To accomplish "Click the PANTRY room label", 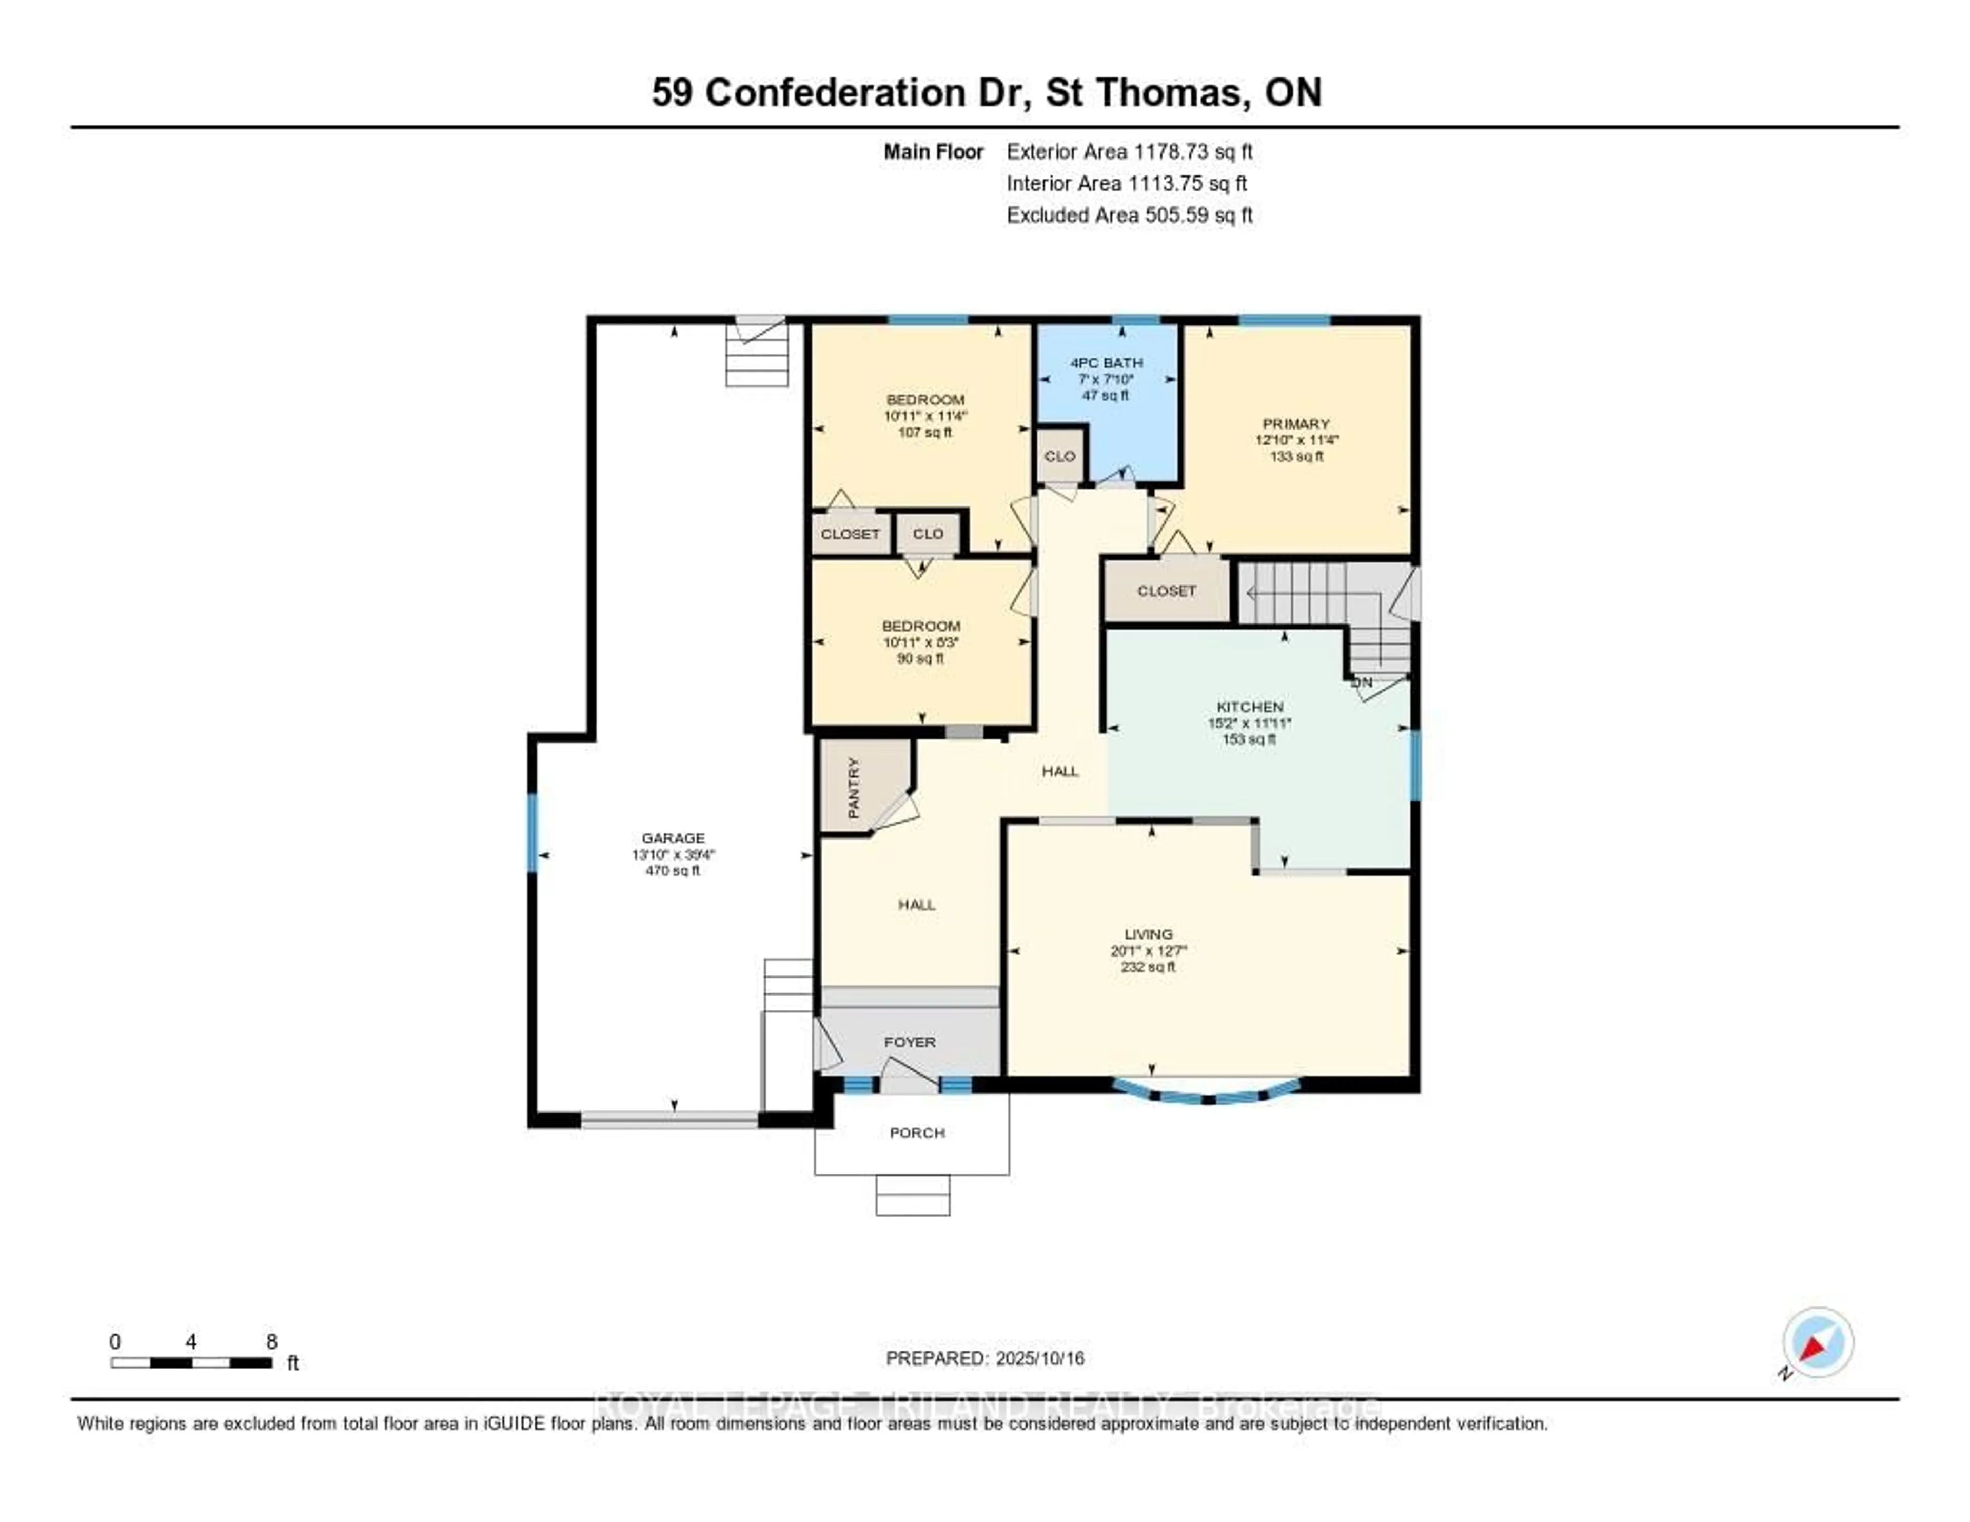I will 853,788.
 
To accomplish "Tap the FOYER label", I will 909,1042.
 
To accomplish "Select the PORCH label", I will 916,1133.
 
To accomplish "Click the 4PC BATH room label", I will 1106,363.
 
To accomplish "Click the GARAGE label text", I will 673,838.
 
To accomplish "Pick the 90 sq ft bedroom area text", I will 920,658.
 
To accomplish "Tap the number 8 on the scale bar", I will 271,1341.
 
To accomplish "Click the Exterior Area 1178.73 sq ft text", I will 1129,151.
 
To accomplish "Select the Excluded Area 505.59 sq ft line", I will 1129,214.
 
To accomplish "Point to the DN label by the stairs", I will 1362,683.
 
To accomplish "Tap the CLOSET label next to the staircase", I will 1166,591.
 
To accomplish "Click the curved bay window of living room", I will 1208,1096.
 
